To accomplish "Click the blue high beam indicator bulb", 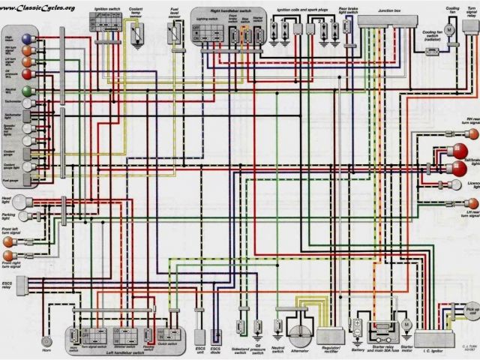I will click(x=28, y=37).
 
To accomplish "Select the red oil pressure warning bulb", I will click(x=28, y=74).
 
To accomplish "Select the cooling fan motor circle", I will click(x=450, y=28).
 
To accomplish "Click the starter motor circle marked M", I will click(x=406, y=323).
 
